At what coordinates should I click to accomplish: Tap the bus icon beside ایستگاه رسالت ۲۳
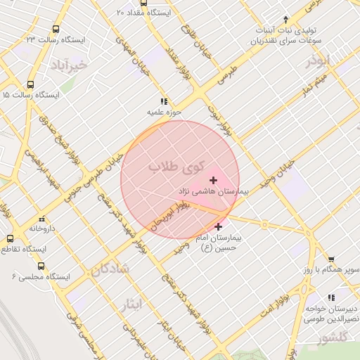pyautogui.click(x=56, y=30)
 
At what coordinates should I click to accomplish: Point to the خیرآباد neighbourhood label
pyautogui.click(x=68, y=65)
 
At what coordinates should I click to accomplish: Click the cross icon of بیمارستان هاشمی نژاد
pyautogui.click(x=214, y=181)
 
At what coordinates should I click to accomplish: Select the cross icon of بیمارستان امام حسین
pyautogui.click(x=219, y=226)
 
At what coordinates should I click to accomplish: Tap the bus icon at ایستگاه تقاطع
pyautogui.click(x=10, y=239)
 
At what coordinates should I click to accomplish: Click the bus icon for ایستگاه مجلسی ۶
pyautogui.click(x=41, y=266)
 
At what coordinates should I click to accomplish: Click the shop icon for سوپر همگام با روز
pyautogui.click(x=331, y=259)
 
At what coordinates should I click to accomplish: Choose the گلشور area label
pyautogui.click(x=331, y=338)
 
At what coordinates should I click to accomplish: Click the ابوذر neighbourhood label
pyautogui.click(x=318, y=61)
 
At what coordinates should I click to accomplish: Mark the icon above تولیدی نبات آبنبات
pyautogui.click(x=285, y=20)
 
